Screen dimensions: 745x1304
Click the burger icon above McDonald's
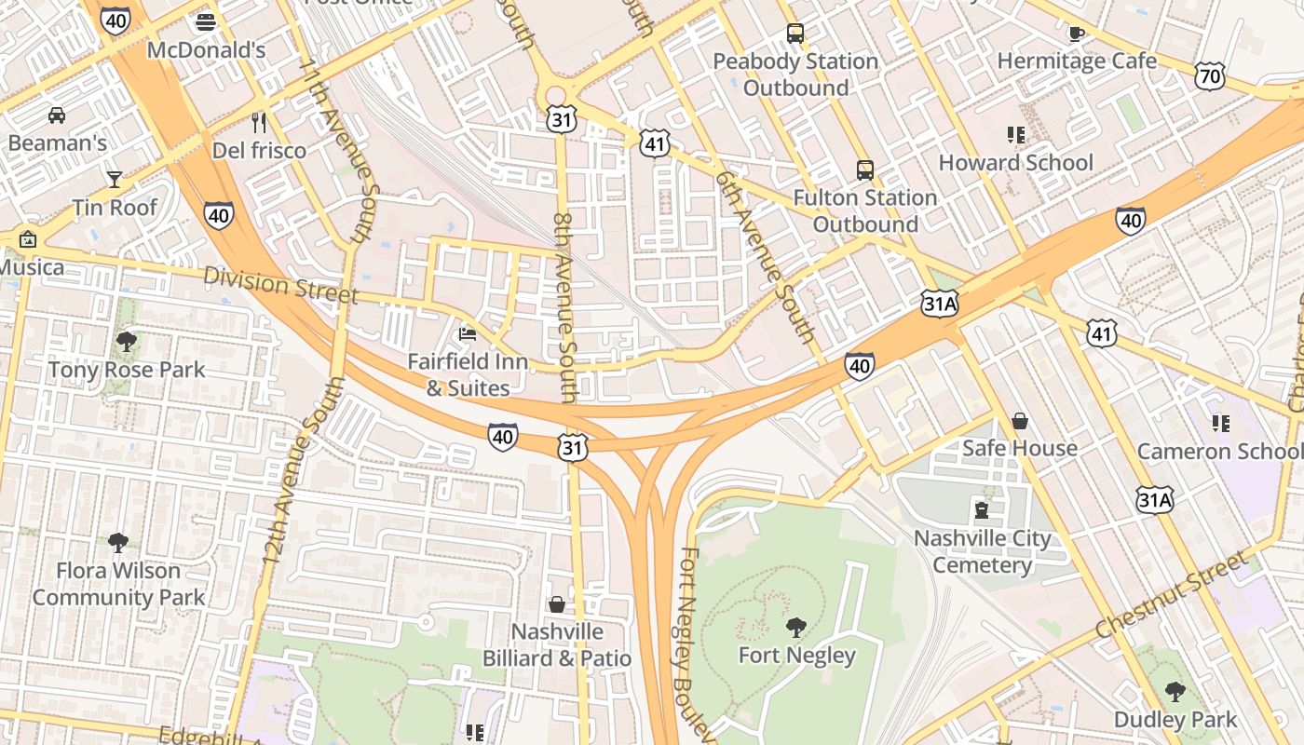[206, 21]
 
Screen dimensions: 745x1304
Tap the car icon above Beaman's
[57, 115]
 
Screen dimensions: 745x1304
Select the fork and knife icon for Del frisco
[259, 122]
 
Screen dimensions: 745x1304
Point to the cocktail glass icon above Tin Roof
[115, 179]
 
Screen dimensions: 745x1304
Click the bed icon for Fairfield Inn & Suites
[468, 333]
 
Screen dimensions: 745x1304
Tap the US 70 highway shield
[1209, 76]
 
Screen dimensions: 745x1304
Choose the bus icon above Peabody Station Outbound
[795, 34]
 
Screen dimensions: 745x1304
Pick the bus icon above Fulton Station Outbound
[865, 170]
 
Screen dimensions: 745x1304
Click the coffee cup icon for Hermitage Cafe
[1077, 34]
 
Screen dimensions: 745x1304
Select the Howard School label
[1015, 163]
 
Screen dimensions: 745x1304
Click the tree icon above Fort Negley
[796, 627]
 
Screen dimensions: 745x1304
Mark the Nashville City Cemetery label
[982, 551]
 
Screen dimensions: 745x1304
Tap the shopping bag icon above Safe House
[1020, 421]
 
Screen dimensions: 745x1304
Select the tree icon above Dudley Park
[1175, 691]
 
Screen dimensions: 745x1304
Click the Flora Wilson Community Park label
[118, 584]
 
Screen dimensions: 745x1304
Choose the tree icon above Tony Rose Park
[127, 342]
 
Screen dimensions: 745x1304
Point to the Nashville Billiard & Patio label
[556, 644]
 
